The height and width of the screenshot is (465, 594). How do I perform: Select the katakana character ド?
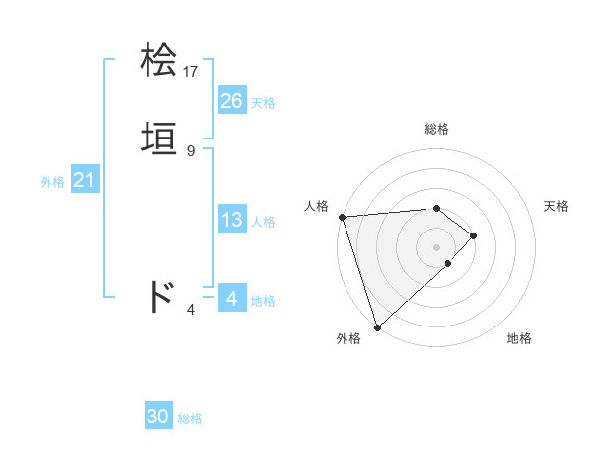pos(160,296)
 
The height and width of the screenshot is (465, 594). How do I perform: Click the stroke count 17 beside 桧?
pos(192,72)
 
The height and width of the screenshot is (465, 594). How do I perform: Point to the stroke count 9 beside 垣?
pos(191,150)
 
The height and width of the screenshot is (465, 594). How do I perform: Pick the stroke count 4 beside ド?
pos(191,310)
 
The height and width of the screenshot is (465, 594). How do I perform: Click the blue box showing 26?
pos(232,101)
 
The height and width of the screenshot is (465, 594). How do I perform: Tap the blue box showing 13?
pos(232,220)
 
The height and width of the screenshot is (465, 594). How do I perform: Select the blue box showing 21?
pos(84,180)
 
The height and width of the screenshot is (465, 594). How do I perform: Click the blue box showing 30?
pos(158,417)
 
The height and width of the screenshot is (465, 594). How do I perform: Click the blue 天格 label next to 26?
pos(263,103)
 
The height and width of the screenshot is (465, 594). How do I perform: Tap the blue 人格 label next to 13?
pos(263,222)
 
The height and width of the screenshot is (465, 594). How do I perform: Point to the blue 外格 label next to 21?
pos(52,182)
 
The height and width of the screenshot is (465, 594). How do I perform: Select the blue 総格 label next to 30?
pos(190,418)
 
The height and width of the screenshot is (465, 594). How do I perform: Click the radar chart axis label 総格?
pos(437,129)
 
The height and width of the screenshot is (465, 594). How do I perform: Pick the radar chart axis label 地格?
pos(519,338)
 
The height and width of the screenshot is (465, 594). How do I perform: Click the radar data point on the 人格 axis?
pos(342,217)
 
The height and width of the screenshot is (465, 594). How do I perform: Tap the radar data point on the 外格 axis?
pos(377,325)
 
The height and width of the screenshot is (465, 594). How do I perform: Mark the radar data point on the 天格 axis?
pos(474,235)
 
